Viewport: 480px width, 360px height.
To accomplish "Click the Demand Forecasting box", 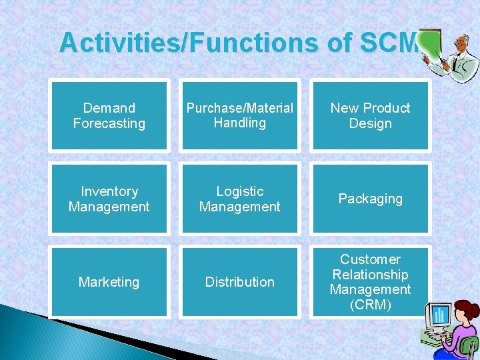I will point(109,115).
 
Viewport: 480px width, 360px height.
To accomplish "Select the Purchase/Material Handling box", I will point(239,115).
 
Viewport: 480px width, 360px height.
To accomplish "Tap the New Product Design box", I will point(370,115).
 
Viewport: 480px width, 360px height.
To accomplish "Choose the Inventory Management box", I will point(109,199).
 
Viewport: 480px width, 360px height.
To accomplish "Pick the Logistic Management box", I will point(239,199).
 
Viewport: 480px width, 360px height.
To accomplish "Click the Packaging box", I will point(370,199).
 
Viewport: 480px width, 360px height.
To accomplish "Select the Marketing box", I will point(109,282).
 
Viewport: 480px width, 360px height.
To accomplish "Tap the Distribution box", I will point(239,282).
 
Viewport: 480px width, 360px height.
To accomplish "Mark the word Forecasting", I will point(109,123).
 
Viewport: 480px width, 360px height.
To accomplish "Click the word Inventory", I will point(109,191).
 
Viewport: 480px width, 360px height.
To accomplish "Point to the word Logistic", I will point(239,191).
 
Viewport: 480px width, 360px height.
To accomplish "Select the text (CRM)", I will point(370,305).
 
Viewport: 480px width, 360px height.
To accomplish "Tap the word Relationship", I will point(370,275).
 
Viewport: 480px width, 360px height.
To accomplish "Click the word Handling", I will point(239,123).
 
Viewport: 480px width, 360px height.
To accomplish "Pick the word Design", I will point(370,123).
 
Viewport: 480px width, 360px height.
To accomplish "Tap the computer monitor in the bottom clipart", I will point(440,317).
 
